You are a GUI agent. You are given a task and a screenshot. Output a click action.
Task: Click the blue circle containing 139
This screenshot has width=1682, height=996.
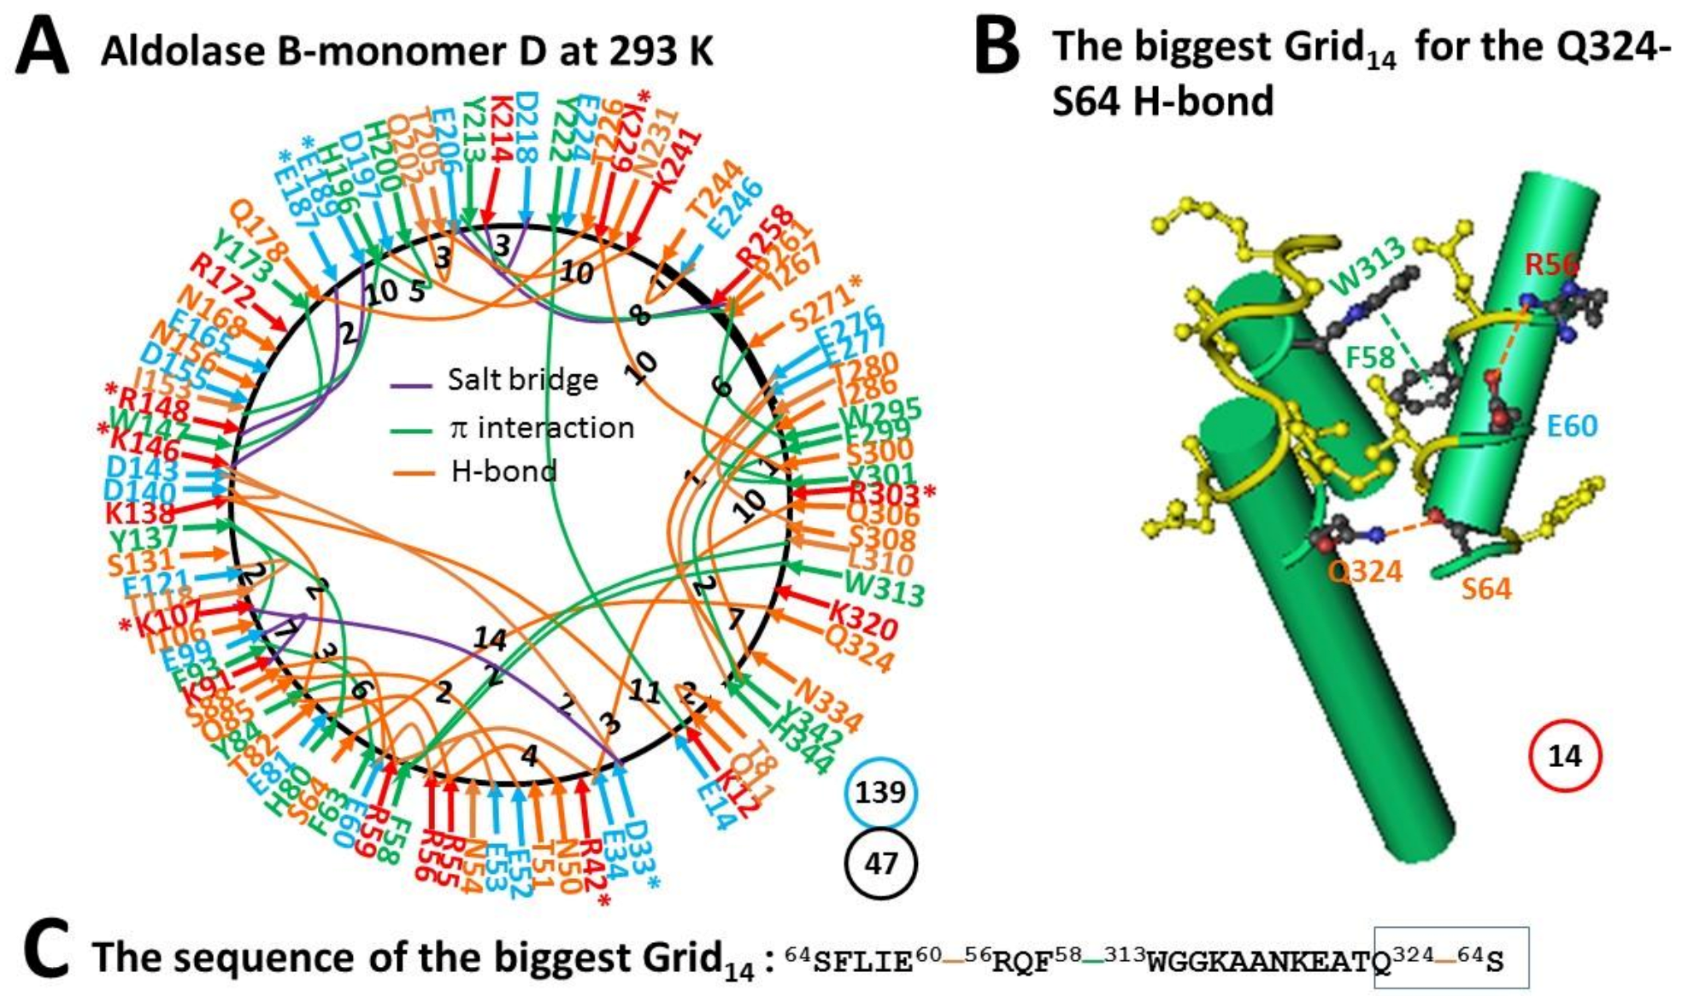(880, 792)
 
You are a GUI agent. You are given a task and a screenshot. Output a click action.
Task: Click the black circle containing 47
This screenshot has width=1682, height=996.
(880, 864)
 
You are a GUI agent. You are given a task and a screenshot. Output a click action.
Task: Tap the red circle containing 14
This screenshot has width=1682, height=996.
(1564, 756)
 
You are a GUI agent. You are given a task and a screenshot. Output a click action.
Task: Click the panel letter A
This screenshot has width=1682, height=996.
(43, 50)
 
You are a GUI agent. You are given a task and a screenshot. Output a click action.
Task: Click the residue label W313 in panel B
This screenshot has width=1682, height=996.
(1368, 263)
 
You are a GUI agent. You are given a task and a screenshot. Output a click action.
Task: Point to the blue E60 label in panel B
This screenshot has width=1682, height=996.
(1572, 425)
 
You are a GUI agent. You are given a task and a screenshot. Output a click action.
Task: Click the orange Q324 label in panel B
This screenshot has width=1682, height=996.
(1365, 570)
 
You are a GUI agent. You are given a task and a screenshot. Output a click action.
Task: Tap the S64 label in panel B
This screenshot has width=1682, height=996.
(1485, 589)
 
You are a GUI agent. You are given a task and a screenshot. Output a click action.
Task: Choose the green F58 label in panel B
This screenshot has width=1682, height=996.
(1370, 356)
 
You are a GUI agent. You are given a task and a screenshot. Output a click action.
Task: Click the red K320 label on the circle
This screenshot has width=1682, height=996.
(863, 621)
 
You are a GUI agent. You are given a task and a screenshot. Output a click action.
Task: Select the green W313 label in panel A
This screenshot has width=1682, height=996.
(885, 588)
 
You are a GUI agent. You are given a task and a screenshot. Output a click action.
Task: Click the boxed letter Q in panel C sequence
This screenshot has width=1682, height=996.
(1381, 963)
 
